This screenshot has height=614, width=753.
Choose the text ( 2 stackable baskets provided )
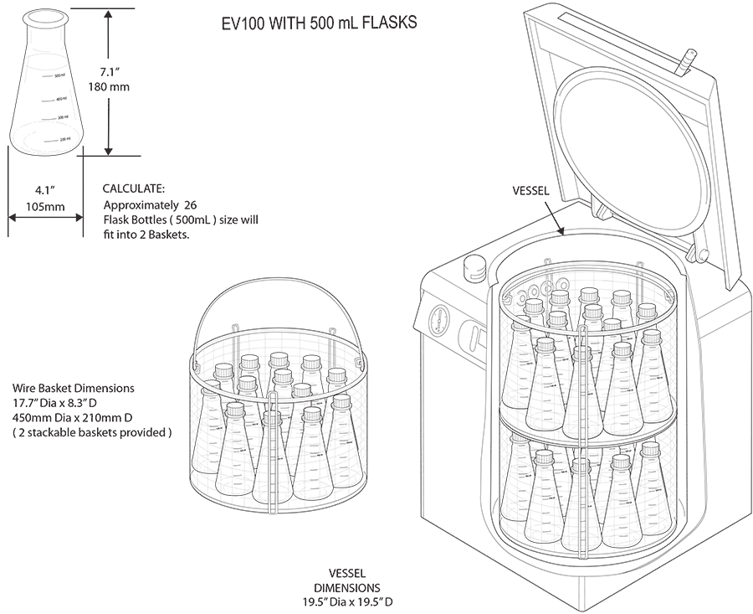point(92,433)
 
